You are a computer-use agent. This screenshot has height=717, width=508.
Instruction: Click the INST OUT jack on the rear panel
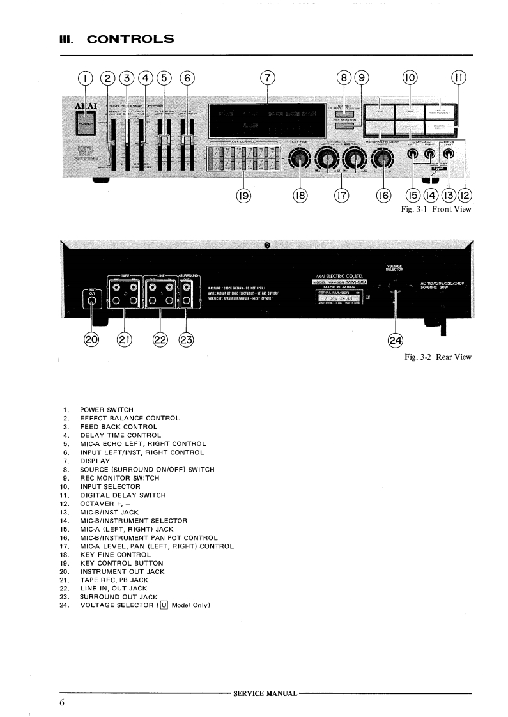coord(93,300)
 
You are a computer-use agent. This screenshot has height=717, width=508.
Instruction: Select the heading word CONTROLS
coord(130,39)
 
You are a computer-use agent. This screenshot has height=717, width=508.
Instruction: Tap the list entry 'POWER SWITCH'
coord(106,409)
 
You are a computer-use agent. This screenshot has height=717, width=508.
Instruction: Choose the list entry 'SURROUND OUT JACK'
coord(118,597)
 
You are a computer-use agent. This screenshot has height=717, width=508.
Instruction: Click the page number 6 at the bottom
coord(63,703)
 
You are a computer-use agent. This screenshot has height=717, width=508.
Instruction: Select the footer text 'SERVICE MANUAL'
coord(266,693)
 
